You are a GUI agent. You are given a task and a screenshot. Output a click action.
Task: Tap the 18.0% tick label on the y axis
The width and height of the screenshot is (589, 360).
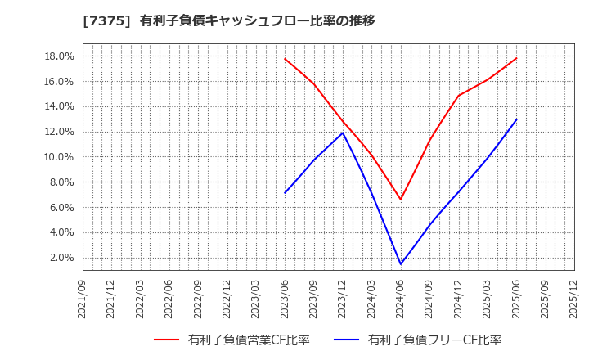coord(59,56)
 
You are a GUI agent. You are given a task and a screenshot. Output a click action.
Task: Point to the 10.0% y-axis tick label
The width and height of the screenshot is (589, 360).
coord(59,157)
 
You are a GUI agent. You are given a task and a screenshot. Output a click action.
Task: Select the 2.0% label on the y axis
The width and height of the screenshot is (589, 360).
coord(61,258)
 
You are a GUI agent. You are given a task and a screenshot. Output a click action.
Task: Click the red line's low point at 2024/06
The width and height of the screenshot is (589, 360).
coord(401,200)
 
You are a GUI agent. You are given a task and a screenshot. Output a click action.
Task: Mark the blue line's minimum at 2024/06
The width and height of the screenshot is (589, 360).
coord(401,264)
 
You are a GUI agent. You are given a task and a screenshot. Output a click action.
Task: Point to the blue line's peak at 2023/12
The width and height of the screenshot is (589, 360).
coord(343,133)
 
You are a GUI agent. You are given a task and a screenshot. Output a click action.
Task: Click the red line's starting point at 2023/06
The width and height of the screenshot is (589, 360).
coord(285,58)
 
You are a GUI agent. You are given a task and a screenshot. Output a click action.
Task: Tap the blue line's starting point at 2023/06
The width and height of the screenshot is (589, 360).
coord(285,193)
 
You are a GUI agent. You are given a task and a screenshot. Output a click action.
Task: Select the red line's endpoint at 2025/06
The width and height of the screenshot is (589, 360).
coord(516,58)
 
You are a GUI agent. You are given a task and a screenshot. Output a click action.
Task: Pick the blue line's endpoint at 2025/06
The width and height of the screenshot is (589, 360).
coord(516,119)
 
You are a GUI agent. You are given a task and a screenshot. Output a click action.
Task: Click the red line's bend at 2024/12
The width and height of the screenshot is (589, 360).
coord(458,96)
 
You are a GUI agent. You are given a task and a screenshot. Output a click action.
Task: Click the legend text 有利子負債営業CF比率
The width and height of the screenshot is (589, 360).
coord(248,340)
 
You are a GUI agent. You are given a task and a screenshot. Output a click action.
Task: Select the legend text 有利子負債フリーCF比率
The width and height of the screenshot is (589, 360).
coord(434,340)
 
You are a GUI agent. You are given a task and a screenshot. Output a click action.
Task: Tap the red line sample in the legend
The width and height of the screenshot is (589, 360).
coord(167,340)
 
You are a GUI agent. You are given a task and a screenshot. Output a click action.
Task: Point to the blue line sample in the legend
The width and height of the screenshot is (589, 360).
coord(347,340)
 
